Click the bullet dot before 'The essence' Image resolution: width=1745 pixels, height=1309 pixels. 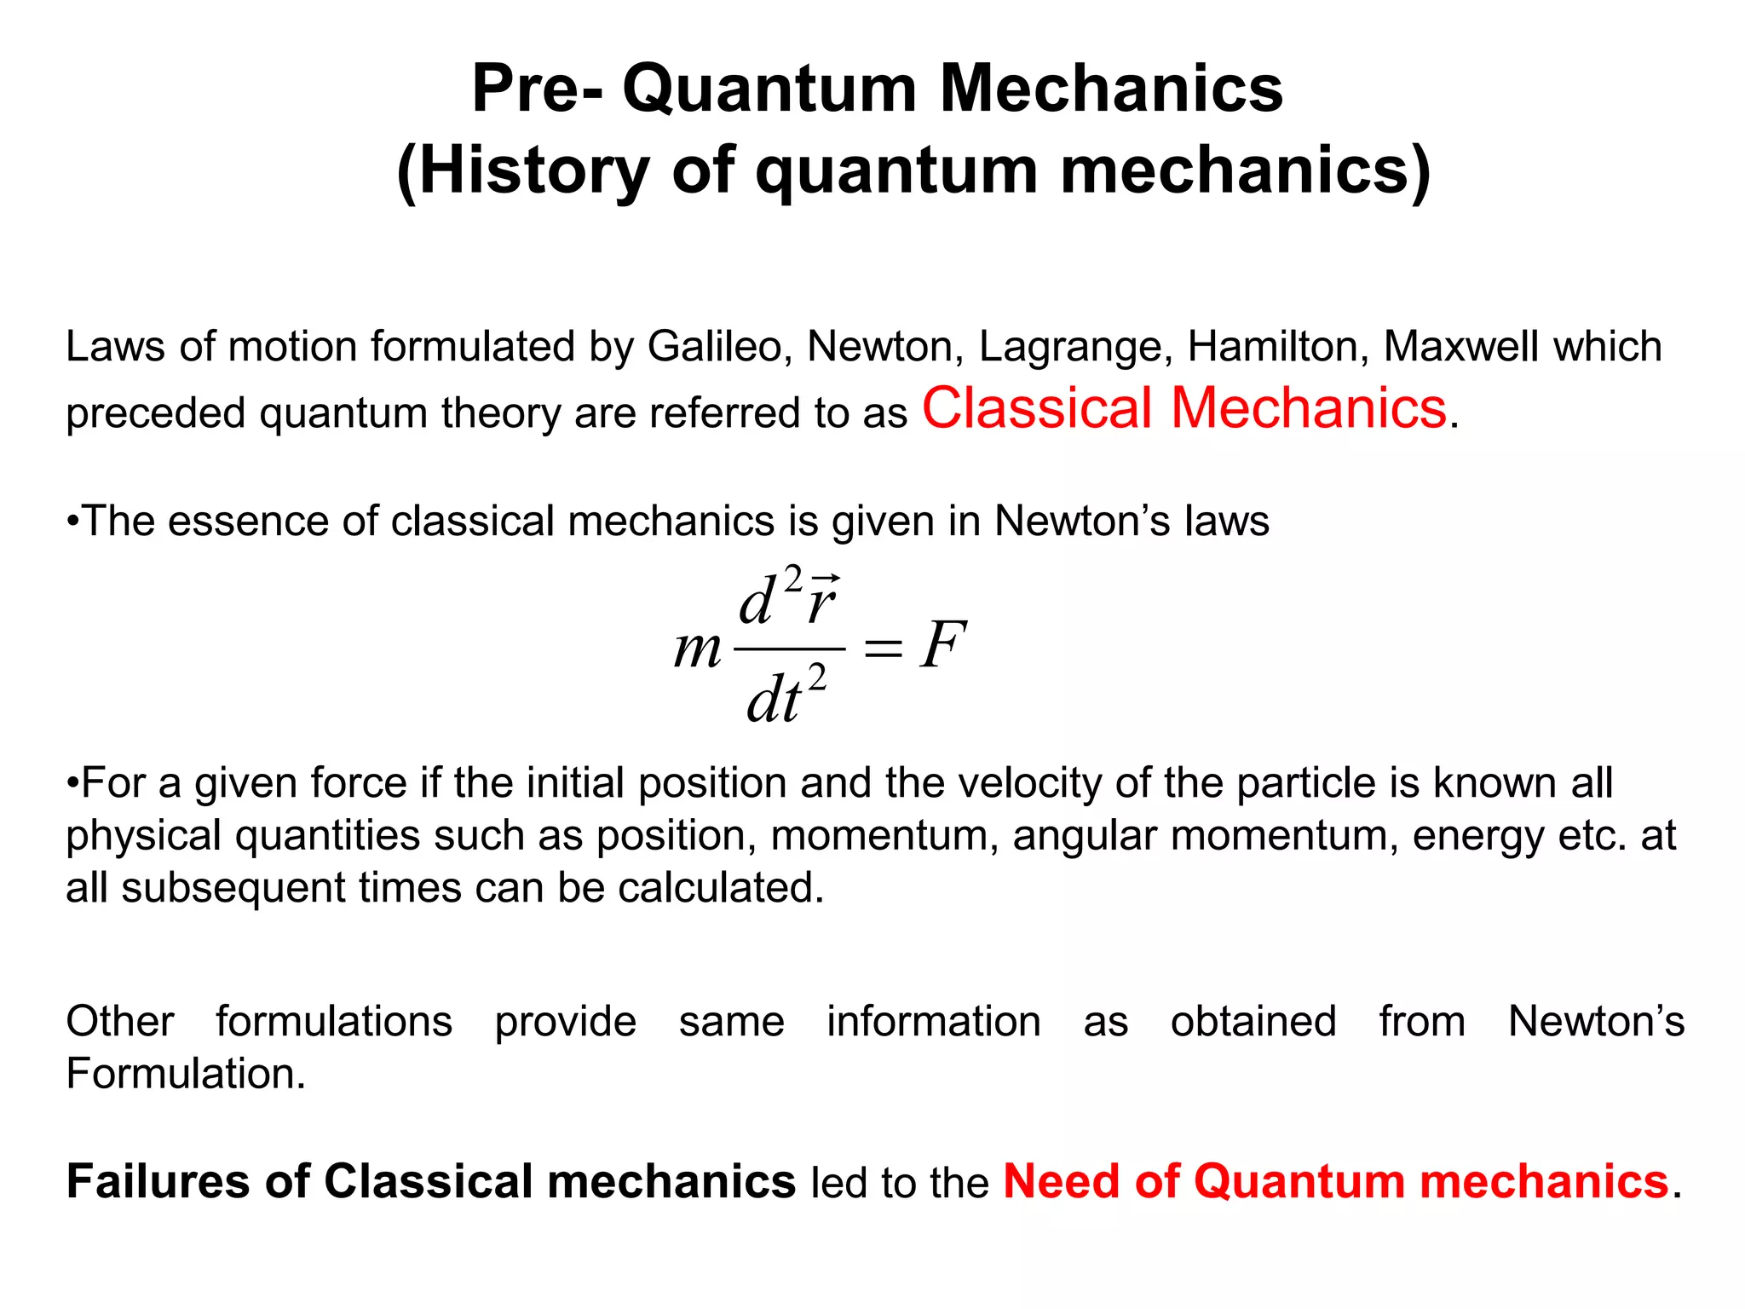click(x=73, y=522)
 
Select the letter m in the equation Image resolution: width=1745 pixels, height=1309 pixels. click(x=698, y=649)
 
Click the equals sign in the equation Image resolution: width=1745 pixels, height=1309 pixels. click(x=883, y=649)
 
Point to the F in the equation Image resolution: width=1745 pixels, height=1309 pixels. click(x=943, y=646)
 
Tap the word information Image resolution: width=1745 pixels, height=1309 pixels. click(x=933, y=1022)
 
